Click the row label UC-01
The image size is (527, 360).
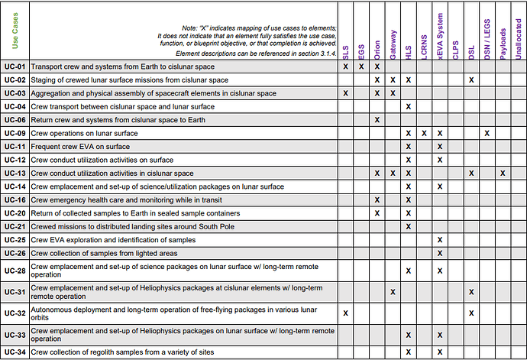[15, 66]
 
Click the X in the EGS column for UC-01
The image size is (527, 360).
[361, 66]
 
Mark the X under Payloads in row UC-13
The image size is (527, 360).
[503, 173]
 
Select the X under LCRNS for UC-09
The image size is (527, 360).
[424, 133]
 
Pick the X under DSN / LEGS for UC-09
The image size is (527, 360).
[487, 133]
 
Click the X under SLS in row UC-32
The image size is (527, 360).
[345, 313]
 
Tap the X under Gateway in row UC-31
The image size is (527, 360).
[393, 291]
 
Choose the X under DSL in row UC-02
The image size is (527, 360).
[471, 79]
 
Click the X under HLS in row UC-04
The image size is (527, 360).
[409, 106]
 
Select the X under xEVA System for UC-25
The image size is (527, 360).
[440, 240]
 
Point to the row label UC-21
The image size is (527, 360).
[15, 226]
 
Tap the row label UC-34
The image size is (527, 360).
[15, 352]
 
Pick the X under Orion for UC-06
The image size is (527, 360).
[377, 120]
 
